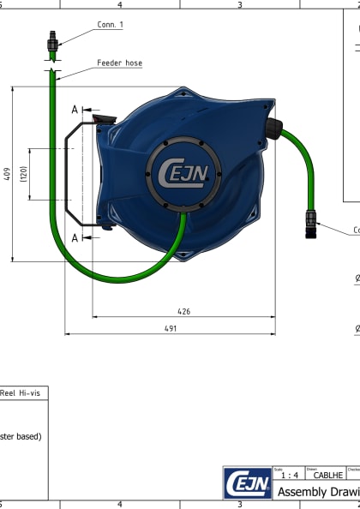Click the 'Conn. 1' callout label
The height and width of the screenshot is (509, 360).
pyautogui.click(x=109, y=25)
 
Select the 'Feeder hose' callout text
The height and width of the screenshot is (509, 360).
pyautogui.click(x=119, y=63)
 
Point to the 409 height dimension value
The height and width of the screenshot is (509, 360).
pyautogui.click(x=7, y=174)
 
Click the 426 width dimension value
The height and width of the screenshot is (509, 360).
pyautogui.click(x=183, y=311)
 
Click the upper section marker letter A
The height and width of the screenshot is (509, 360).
pyautogui.click(x=75, y=110)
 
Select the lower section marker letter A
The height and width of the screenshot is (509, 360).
pyautogui.click(x=75, y=237)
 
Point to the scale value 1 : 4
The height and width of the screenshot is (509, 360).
pyautogui.click(x=289, y=475)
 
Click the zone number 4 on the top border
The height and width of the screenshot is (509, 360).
pyautogui.click(x=119, y=4)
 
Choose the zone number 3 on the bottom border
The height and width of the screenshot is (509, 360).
pyautogui.click(x=239, y=505)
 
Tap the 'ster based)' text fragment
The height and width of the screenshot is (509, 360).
pyautogui.click(x=21, y=435)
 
